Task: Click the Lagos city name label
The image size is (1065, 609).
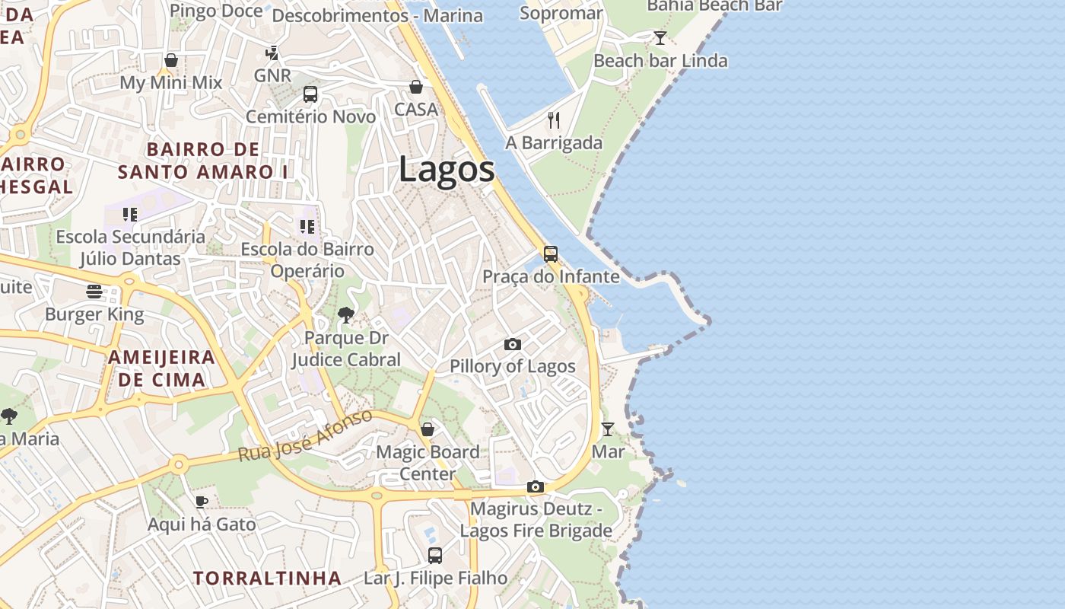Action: pos(447,170)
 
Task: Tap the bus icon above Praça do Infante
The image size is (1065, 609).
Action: pos(551,254)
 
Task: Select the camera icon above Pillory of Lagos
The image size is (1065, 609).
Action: pos(513,345)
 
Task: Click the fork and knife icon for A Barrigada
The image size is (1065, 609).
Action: pos(554,120)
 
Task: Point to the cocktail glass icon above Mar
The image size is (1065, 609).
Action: pos(607,429)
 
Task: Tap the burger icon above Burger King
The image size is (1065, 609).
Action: pos(94,292)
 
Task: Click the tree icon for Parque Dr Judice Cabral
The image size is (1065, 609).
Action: pos(346,315)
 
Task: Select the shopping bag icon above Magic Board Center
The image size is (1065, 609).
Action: pos(428,429)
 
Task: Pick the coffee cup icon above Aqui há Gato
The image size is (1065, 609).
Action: pos(201,502)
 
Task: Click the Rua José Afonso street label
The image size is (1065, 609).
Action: pos(306,436)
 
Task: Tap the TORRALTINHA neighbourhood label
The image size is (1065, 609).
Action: pos(267,578)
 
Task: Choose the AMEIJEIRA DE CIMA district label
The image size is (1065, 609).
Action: pos(161,368)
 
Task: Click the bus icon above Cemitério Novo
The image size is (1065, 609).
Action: pos(310,94)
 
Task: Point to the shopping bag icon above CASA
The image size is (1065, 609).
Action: pos(416,87)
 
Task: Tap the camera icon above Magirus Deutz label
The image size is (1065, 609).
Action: pos(536,486)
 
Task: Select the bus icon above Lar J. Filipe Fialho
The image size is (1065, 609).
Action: pos(435,556)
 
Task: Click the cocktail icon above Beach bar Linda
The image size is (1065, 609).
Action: pos(660,38)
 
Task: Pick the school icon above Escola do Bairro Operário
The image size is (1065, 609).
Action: pos(307,226)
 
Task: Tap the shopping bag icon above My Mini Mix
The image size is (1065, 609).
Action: pos(171,60)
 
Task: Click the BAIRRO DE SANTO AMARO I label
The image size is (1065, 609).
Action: pos(203,161)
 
